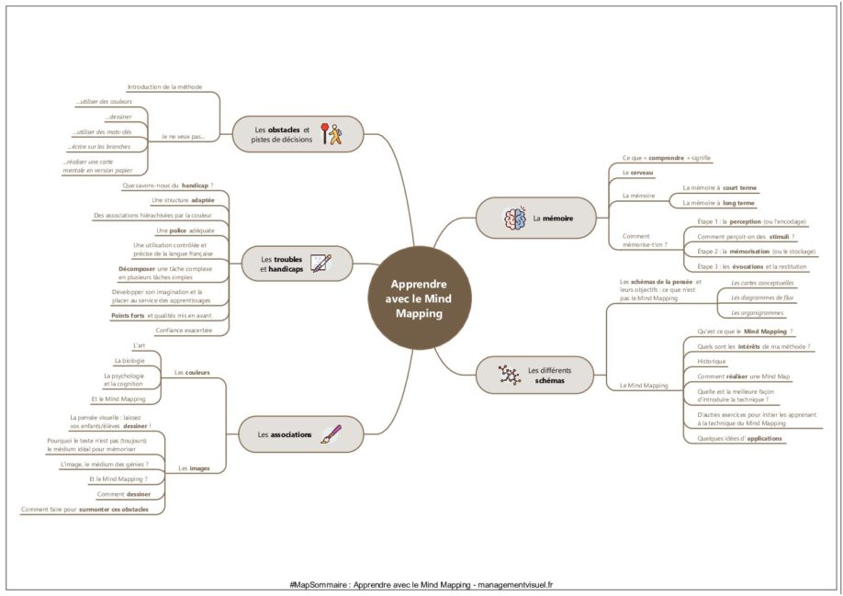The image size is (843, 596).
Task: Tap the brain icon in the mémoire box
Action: [513, 219]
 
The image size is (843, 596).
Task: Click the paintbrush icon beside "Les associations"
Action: [331, 433]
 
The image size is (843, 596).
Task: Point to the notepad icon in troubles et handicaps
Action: [320, 264]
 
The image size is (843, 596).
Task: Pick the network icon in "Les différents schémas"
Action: [508, 375]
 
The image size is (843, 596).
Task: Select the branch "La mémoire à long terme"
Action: [719, 203]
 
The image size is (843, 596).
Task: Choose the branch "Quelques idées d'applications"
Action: [739, 439]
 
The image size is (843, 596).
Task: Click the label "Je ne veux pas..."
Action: [183, 137]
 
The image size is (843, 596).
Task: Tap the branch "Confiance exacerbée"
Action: [185, 331]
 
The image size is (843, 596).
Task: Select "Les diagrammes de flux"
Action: [762, 298]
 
